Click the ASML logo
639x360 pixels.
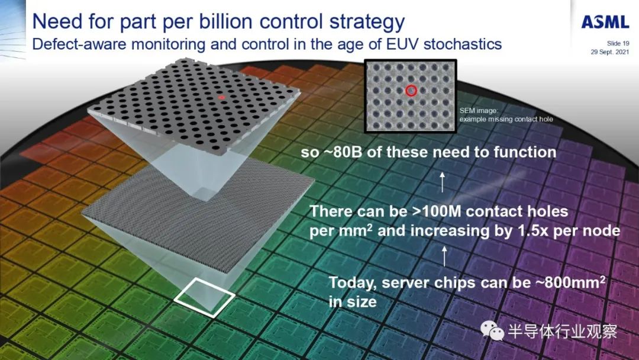pyautogui.click(x=605, y=22)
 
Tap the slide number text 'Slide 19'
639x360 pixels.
pyautogui.click(x=618, y=43)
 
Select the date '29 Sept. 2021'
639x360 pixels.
pyautogui.click(x=609, y=52)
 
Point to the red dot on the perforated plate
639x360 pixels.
pyautogui.click(x=221, y=97)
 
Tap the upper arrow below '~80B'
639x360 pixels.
pyautogui.click(x=442, y=182)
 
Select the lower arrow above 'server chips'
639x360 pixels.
pyautogui.click(x=444, y=256)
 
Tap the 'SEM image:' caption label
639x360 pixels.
pyautogui.click(x=479, y=111)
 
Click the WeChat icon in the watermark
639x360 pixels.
pyautogui.click(x=492, y=329)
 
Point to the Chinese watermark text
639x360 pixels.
pyautogui.click(x=563, y=330)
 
